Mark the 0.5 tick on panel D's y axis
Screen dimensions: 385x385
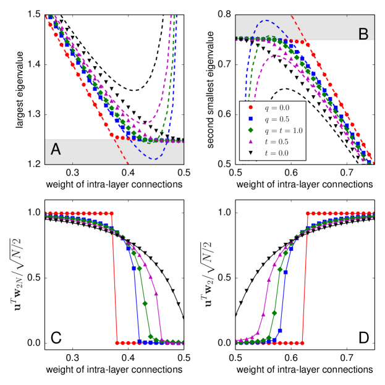(222, 278)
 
